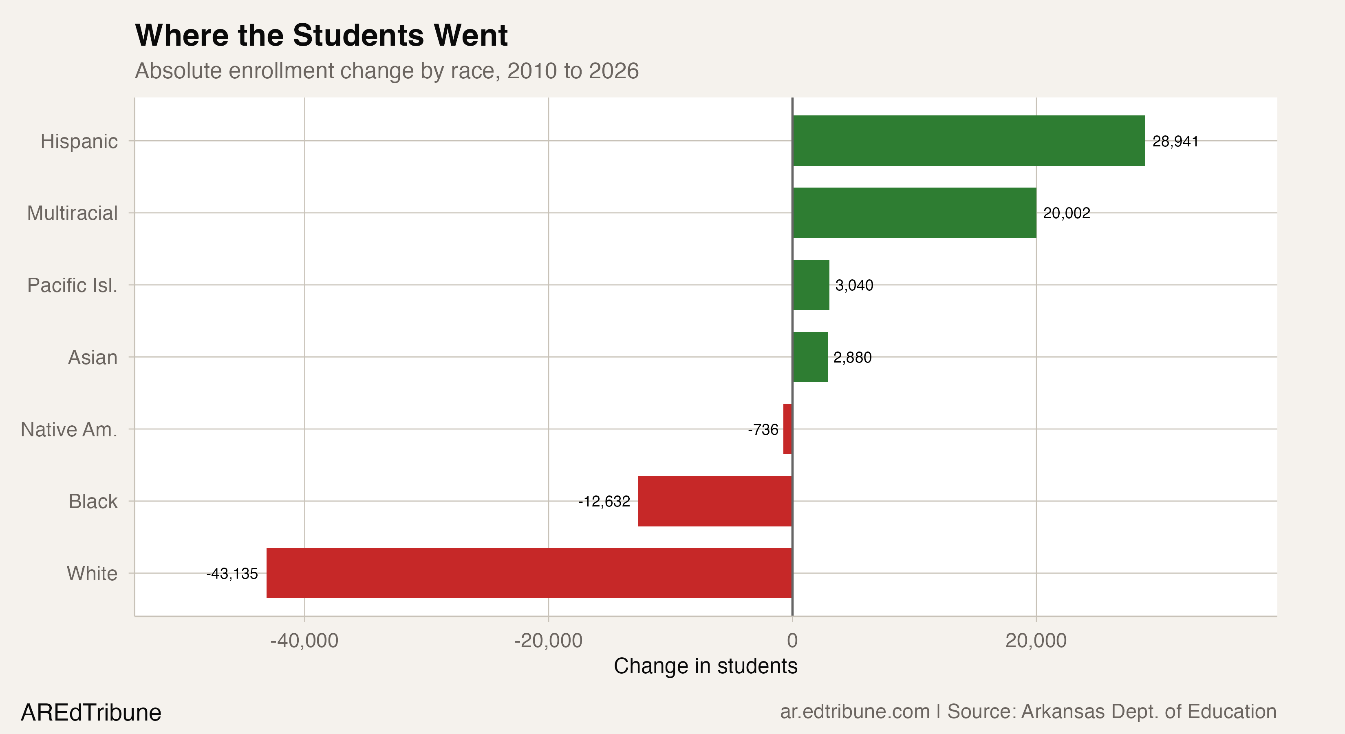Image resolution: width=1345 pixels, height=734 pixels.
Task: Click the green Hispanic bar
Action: tap(968, 141)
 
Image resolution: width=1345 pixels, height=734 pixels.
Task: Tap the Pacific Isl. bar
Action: tap(811, 285)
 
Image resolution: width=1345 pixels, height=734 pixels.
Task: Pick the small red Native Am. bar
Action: tap(787, 429)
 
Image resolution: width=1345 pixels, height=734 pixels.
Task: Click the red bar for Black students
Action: tap(715, 501)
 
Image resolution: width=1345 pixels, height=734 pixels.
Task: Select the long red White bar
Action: tap(529, 573)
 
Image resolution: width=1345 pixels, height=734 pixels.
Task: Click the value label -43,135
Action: tap(232, 574)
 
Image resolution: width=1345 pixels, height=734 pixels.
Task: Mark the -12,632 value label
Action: tap(604, 502)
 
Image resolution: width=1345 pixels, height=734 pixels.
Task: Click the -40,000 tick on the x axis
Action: tap(304, 641)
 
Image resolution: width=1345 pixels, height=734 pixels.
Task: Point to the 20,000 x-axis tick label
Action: tap(1036, 641)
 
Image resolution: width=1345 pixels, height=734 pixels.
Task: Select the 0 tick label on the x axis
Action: tap(792, 641)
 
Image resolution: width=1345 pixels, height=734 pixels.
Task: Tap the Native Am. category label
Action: tap(69, 430)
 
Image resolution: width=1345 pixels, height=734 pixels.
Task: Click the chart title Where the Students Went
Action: tap(321, 35)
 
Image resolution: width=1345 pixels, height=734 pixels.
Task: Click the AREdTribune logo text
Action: tap(91, 712)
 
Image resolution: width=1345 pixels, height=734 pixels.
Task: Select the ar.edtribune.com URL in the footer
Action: tap(855, 712)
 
